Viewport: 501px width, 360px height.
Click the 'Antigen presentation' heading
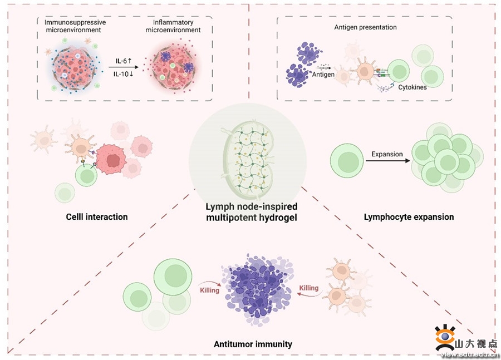[x=365, y=26]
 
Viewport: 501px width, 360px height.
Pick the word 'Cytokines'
[x=412, y=87]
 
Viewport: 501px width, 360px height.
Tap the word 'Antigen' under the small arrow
[x=323, y=74]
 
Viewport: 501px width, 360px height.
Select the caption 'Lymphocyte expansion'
[x=409, y=217]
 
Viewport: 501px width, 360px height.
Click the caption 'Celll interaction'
[x=96, y=216]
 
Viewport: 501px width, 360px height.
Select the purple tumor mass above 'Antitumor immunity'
[x=256, y=289]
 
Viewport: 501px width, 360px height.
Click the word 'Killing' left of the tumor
[x=210, y=290]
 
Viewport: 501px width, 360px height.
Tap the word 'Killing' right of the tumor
[x=309, y=288]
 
